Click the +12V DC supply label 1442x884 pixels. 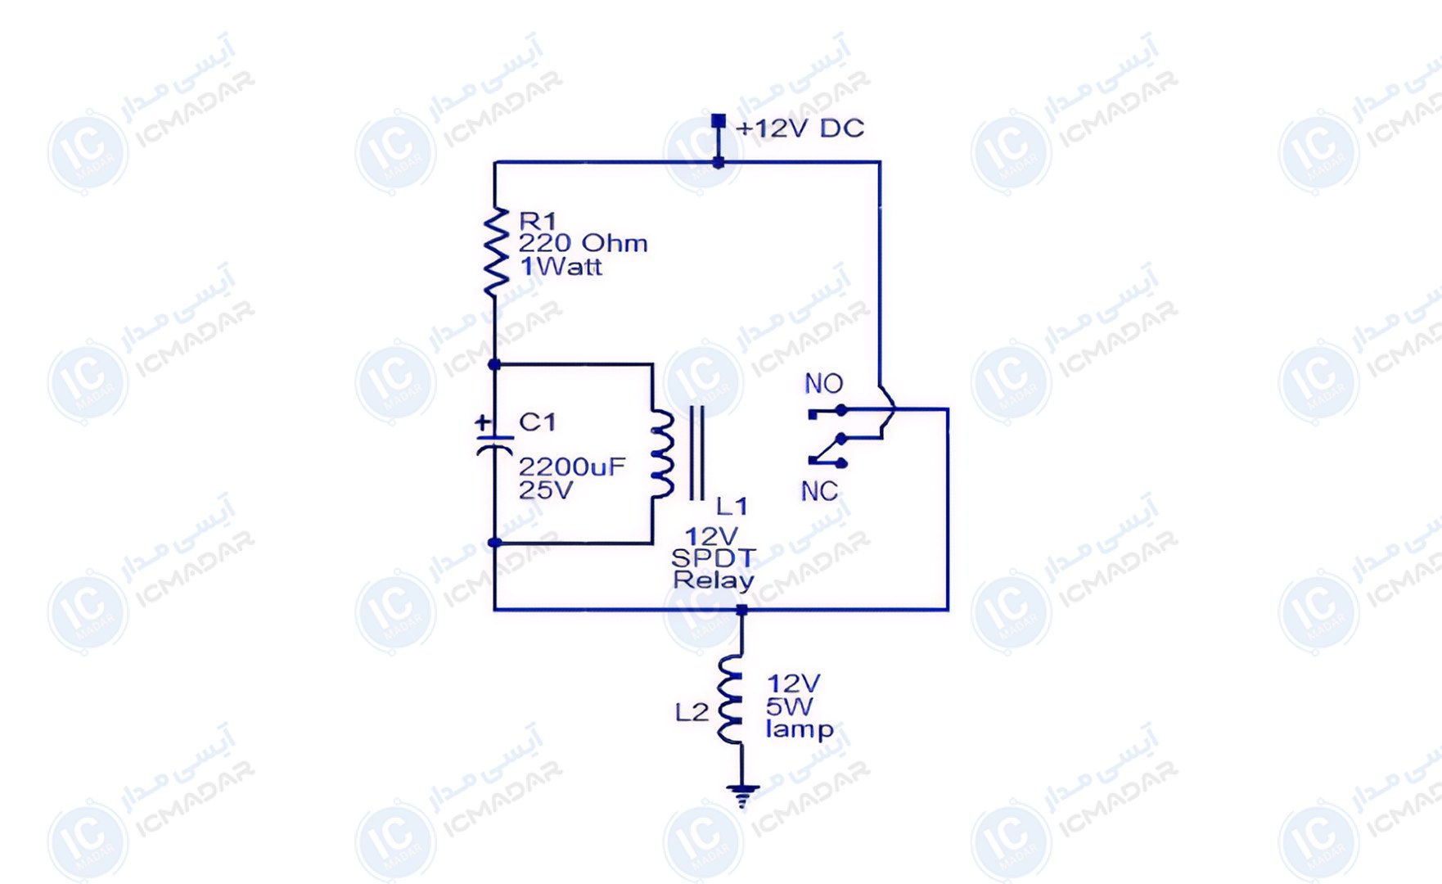800,129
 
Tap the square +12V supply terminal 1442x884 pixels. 718,121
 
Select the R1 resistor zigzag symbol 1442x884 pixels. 495,251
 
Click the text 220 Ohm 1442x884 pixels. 583,243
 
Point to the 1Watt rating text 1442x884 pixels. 561,266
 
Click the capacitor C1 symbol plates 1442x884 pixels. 494,444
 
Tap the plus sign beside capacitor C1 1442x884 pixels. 484,423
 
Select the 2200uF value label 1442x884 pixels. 571,467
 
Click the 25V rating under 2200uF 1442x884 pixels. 546,490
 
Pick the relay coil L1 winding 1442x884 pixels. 663,454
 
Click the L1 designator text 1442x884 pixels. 732,506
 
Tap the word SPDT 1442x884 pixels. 713,558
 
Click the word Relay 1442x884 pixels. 713,580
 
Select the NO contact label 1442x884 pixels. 823,383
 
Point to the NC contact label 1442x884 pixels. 819,491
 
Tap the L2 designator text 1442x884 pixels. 692,712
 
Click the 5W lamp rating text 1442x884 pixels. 790,706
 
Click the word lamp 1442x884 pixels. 800,729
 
